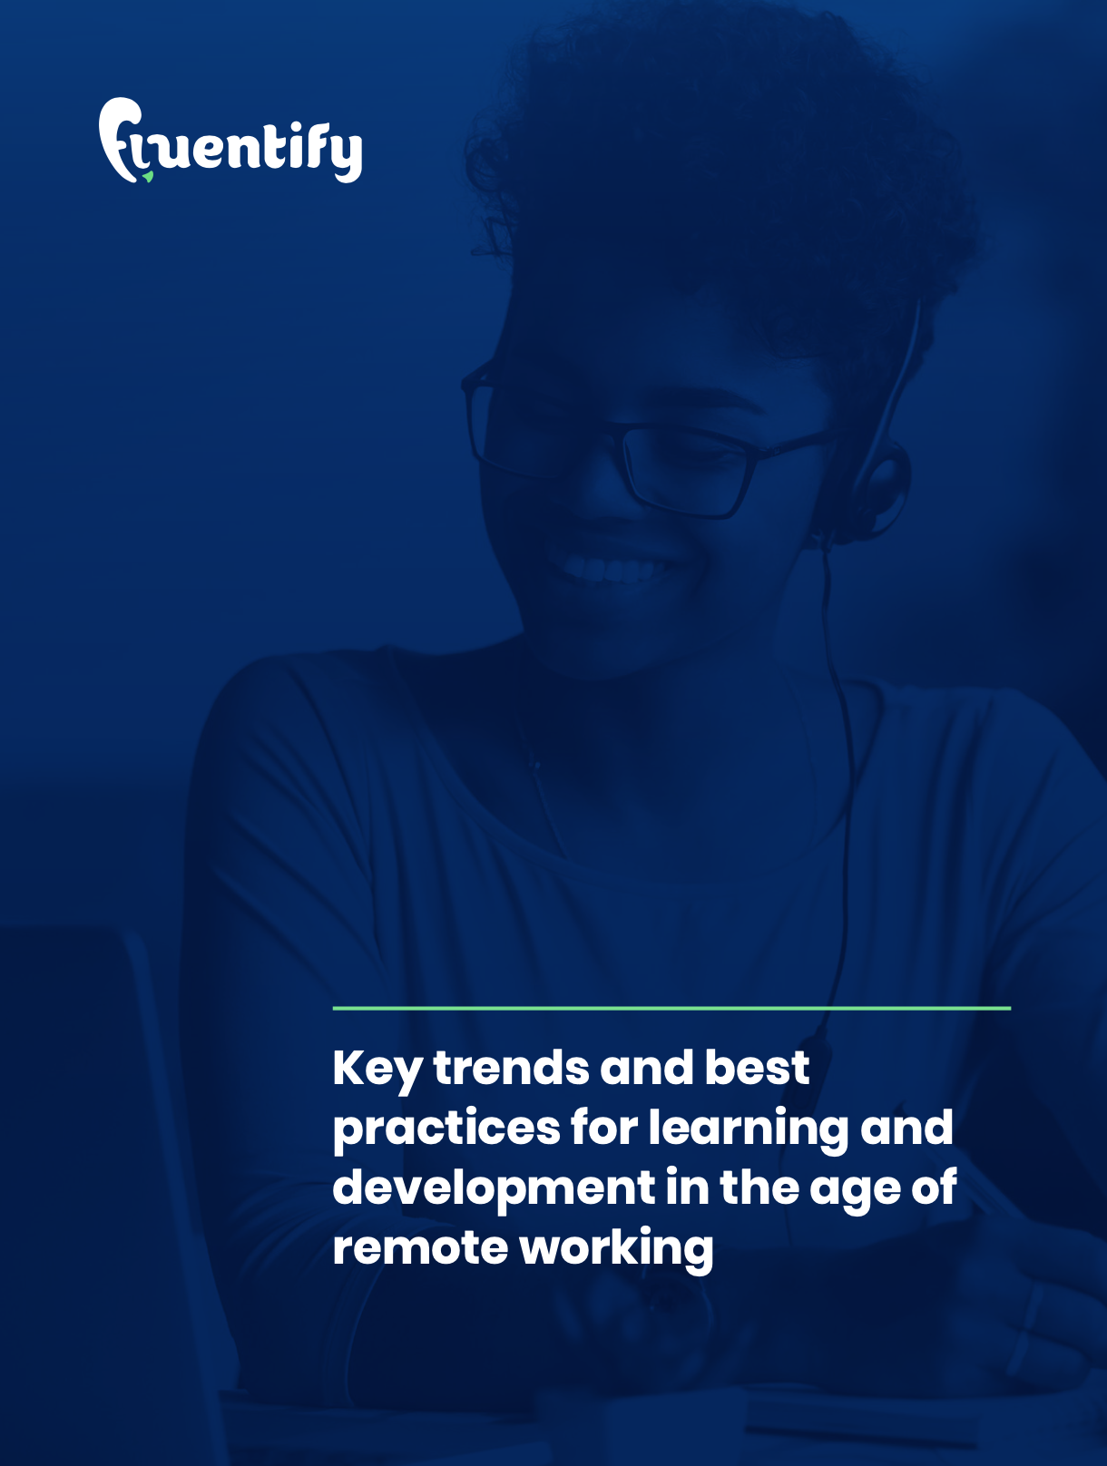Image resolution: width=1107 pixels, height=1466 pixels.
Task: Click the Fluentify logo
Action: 230,141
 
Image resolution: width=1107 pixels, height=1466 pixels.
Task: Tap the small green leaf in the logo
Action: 148,176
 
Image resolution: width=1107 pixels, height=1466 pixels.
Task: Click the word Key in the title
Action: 377,1070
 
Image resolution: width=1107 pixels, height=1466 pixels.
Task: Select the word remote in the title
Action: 420,1247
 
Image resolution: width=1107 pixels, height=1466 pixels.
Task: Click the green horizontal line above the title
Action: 671,1008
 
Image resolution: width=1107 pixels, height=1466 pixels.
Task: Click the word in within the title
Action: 687,1187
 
